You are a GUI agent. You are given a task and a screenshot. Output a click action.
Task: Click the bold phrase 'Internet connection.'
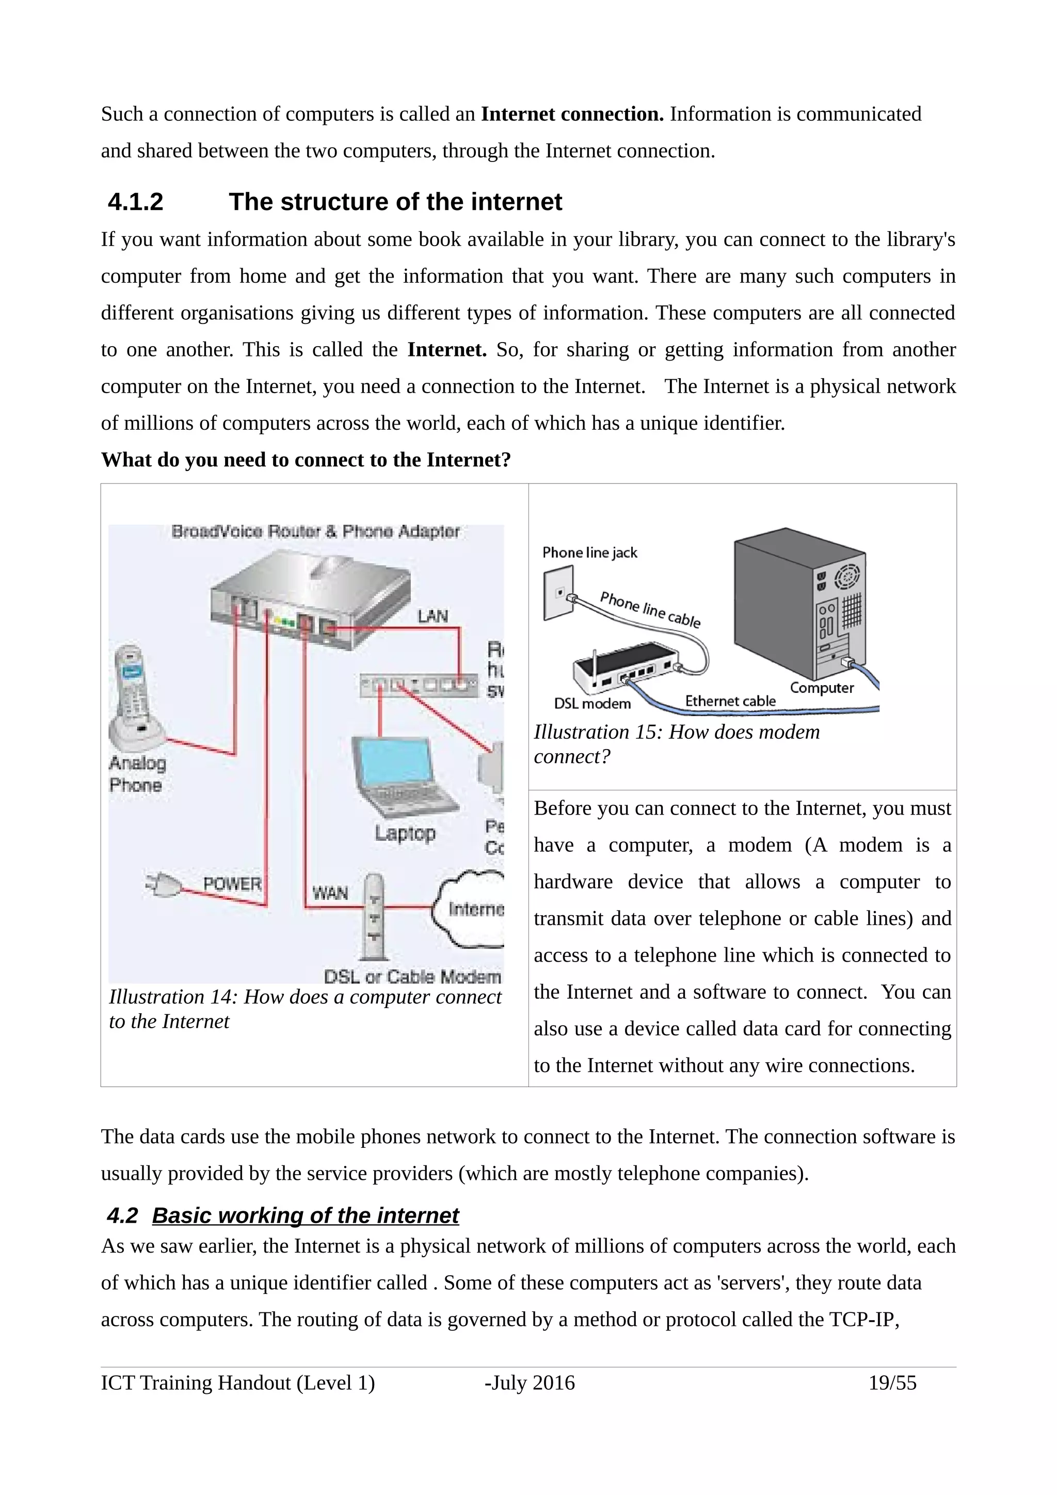[x=572, y=115]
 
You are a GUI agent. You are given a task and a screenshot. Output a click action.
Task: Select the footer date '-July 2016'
[x=530, y=1383]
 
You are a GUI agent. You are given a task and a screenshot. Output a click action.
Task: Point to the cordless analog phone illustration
[x=135, y=697]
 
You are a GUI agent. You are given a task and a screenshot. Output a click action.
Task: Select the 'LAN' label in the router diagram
[x=432, y=616]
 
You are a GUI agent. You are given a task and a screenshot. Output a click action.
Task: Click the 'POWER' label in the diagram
[x=232, y=884]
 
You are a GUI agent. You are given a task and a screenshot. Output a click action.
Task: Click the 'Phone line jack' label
[x=589, y=553]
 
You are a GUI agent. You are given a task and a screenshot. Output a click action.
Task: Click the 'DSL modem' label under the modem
[x=592, y=704]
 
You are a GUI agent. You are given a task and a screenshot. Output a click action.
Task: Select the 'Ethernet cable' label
[x=730, y=701]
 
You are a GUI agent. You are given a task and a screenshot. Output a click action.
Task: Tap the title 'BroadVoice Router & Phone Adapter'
[x=315, y=532]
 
